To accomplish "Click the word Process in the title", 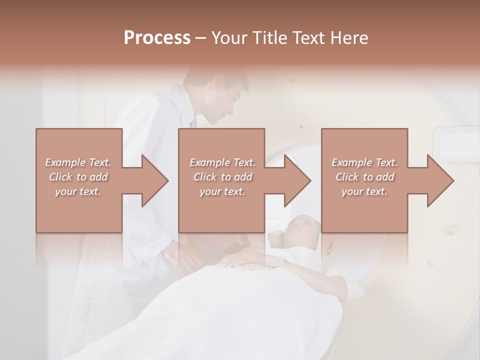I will [157, 38].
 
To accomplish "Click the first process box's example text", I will [78, 177].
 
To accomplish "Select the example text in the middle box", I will [222, 177].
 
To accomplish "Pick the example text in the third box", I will [364, 177].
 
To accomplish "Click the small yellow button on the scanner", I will [449, 232].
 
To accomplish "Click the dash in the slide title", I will [200, 38].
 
